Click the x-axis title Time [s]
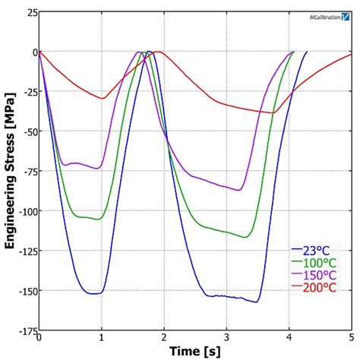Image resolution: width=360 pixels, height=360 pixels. tap(194, 350)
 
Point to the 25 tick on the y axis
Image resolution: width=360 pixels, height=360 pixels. tap(27, 13)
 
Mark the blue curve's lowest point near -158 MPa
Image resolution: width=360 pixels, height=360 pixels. tap(257, 302)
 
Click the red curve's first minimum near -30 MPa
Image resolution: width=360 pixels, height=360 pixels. tap(102, 98)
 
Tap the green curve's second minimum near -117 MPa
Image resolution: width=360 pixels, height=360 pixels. tap(245, 237)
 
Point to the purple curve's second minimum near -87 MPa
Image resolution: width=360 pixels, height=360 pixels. tap(239, 190)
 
